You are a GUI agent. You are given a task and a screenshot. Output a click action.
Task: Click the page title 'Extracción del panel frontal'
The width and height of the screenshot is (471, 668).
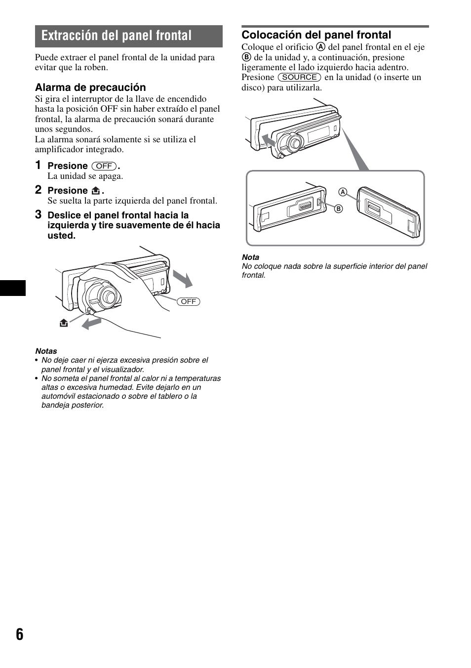[x=117, y=36]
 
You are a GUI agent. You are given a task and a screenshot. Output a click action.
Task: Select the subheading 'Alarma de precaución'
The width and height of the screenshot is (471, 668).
[x=90, y=87]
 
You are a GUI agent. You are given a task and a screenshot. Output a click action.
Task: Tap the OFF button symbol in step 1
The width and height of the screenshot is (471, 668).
[x=104, y=166]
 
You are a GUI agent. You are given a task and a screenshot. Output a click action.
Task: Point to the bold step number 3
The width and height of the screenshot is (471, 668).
[x=38, y=214]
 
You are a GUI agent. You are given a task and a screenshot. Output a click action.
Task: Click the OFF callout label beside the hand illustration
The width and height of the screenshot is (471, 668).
[x=189, y=301]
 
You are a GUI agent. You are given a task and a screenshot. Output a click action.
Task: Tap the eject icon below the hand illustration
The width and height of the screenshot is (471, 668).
[x=63, y=323]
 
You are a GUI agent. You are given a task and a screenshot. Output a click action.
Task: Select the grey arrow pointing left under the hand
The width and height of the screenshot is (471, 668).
[x=91, y=323]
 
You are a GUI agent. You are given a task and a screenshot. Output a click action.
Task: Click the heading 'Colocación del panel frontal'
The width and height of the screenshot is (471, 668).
[x=316, y=35]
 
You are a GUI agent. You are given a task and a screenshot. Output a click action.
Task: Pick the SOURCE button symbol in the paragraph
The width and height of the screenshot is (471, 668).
[x=299, y=77]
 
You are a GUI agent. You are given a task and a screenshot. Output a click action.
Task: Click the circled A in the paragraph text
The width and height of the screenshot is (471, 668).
[x=321, y=47]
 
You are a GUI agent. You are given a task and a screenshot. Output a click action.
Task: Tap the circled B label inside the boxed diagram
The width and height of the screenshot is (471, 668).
[x=339, y=209]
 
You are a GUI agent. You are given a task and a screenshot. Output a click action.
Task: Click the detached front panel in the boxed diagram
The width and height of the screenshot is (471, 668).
[x=389, y=211]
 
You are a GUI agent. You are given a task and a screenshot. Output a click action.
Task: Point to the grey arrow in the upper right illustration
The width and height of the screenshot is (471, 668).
[x=268, y=140]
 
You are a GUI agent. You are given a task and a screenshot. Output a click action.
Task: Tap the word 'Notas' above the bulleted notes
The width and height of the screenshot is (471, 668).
[x=46, y=351]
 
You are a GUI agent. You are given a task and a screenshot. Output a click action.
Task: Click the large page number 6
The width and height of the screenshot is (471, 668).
[x=19, y=634]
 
